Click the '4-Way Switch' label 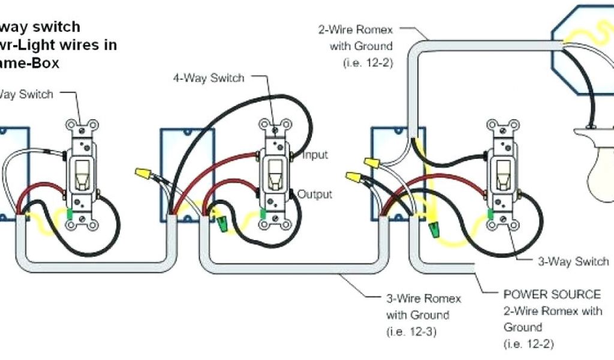click(x=209, y=78)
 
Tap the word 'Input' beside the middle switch click(x=315, y=155)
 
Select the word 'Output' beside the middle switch click(x=315, y=194)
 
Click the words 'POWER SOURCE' click(x=552, y=295)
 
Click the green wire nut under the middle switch click(x=223, y=226)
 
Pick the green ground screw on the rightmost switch click(x=490, y=214)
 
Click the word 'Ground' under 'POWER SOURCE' click(x=523, y=327)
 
